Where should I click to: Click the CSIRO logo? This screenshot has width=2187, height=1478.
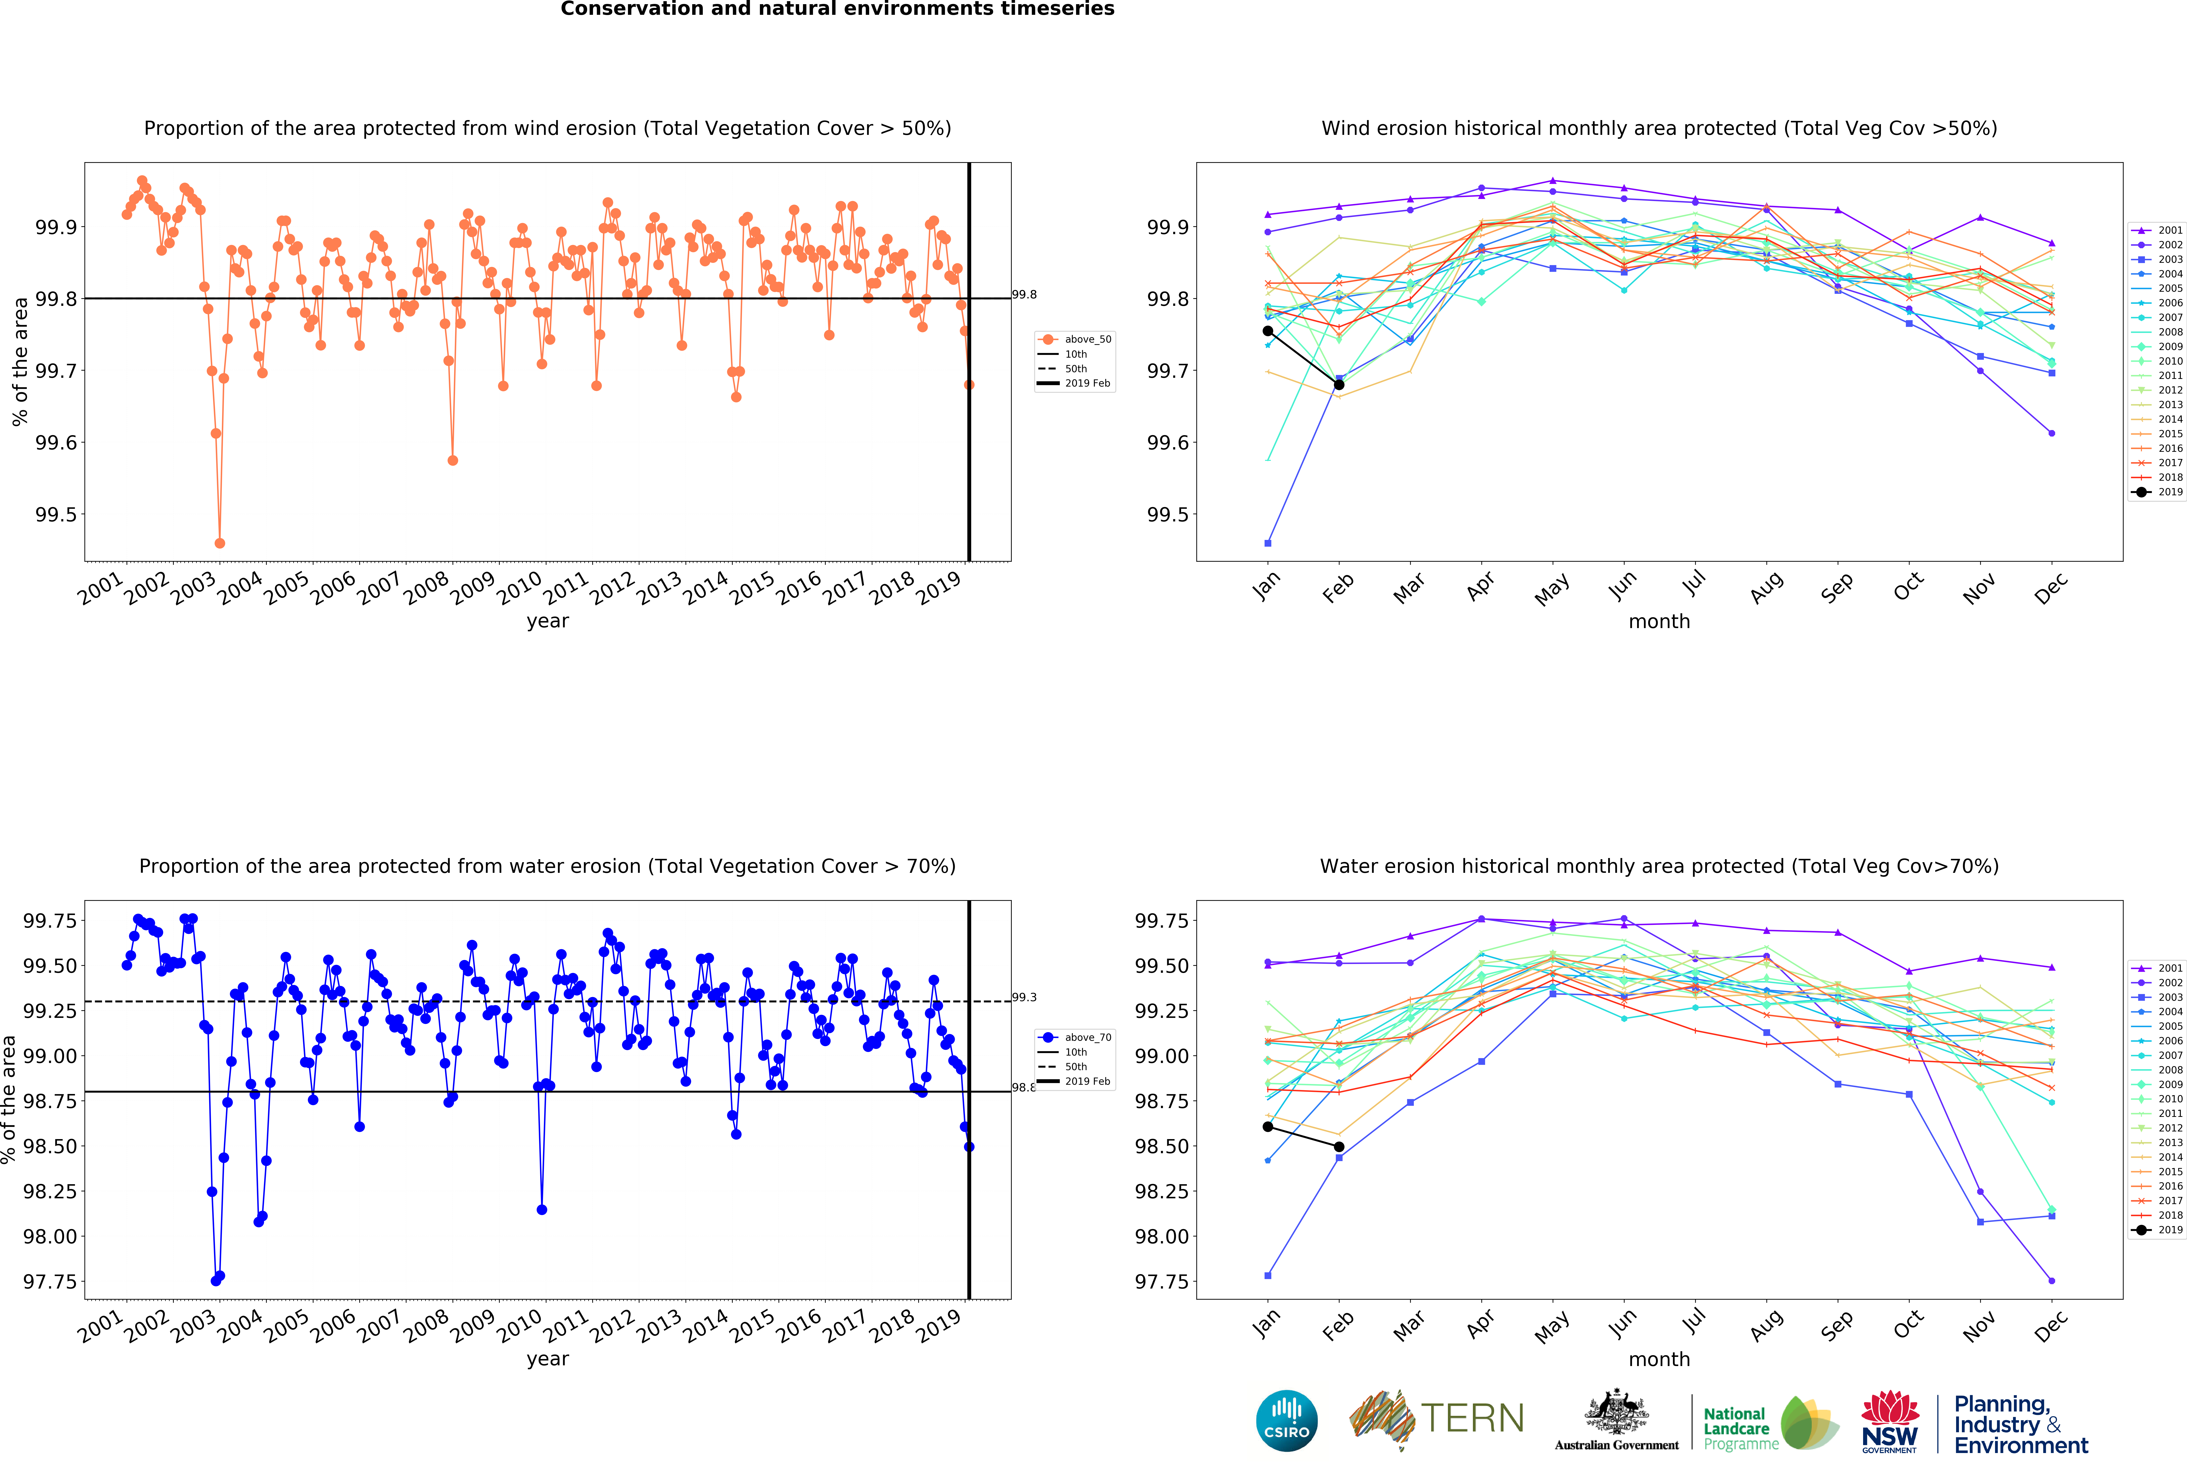coord(1286,1421)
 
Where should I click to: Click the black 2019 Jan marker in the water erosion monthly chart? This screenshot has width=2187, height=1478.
coord(1268,1126)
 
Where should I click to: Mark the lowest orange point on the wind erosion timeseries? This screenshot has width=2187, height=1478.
coord(219,543)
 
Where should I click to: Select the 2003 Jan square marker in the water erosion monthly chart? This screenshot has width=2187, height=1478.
coord(1268,1276)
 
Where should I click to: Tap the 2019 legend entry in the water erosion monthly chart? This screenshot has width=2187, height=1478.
coord(2157,1230)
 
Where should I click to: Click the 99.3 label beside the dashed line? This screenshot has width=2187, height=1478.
coord(1024,997)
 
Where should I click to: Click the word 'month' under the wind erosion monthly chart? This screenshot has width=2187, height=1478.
coord(1659,622)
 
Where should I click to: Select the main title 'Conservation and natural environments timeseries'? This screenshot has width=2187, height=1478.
coord(838,9)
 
